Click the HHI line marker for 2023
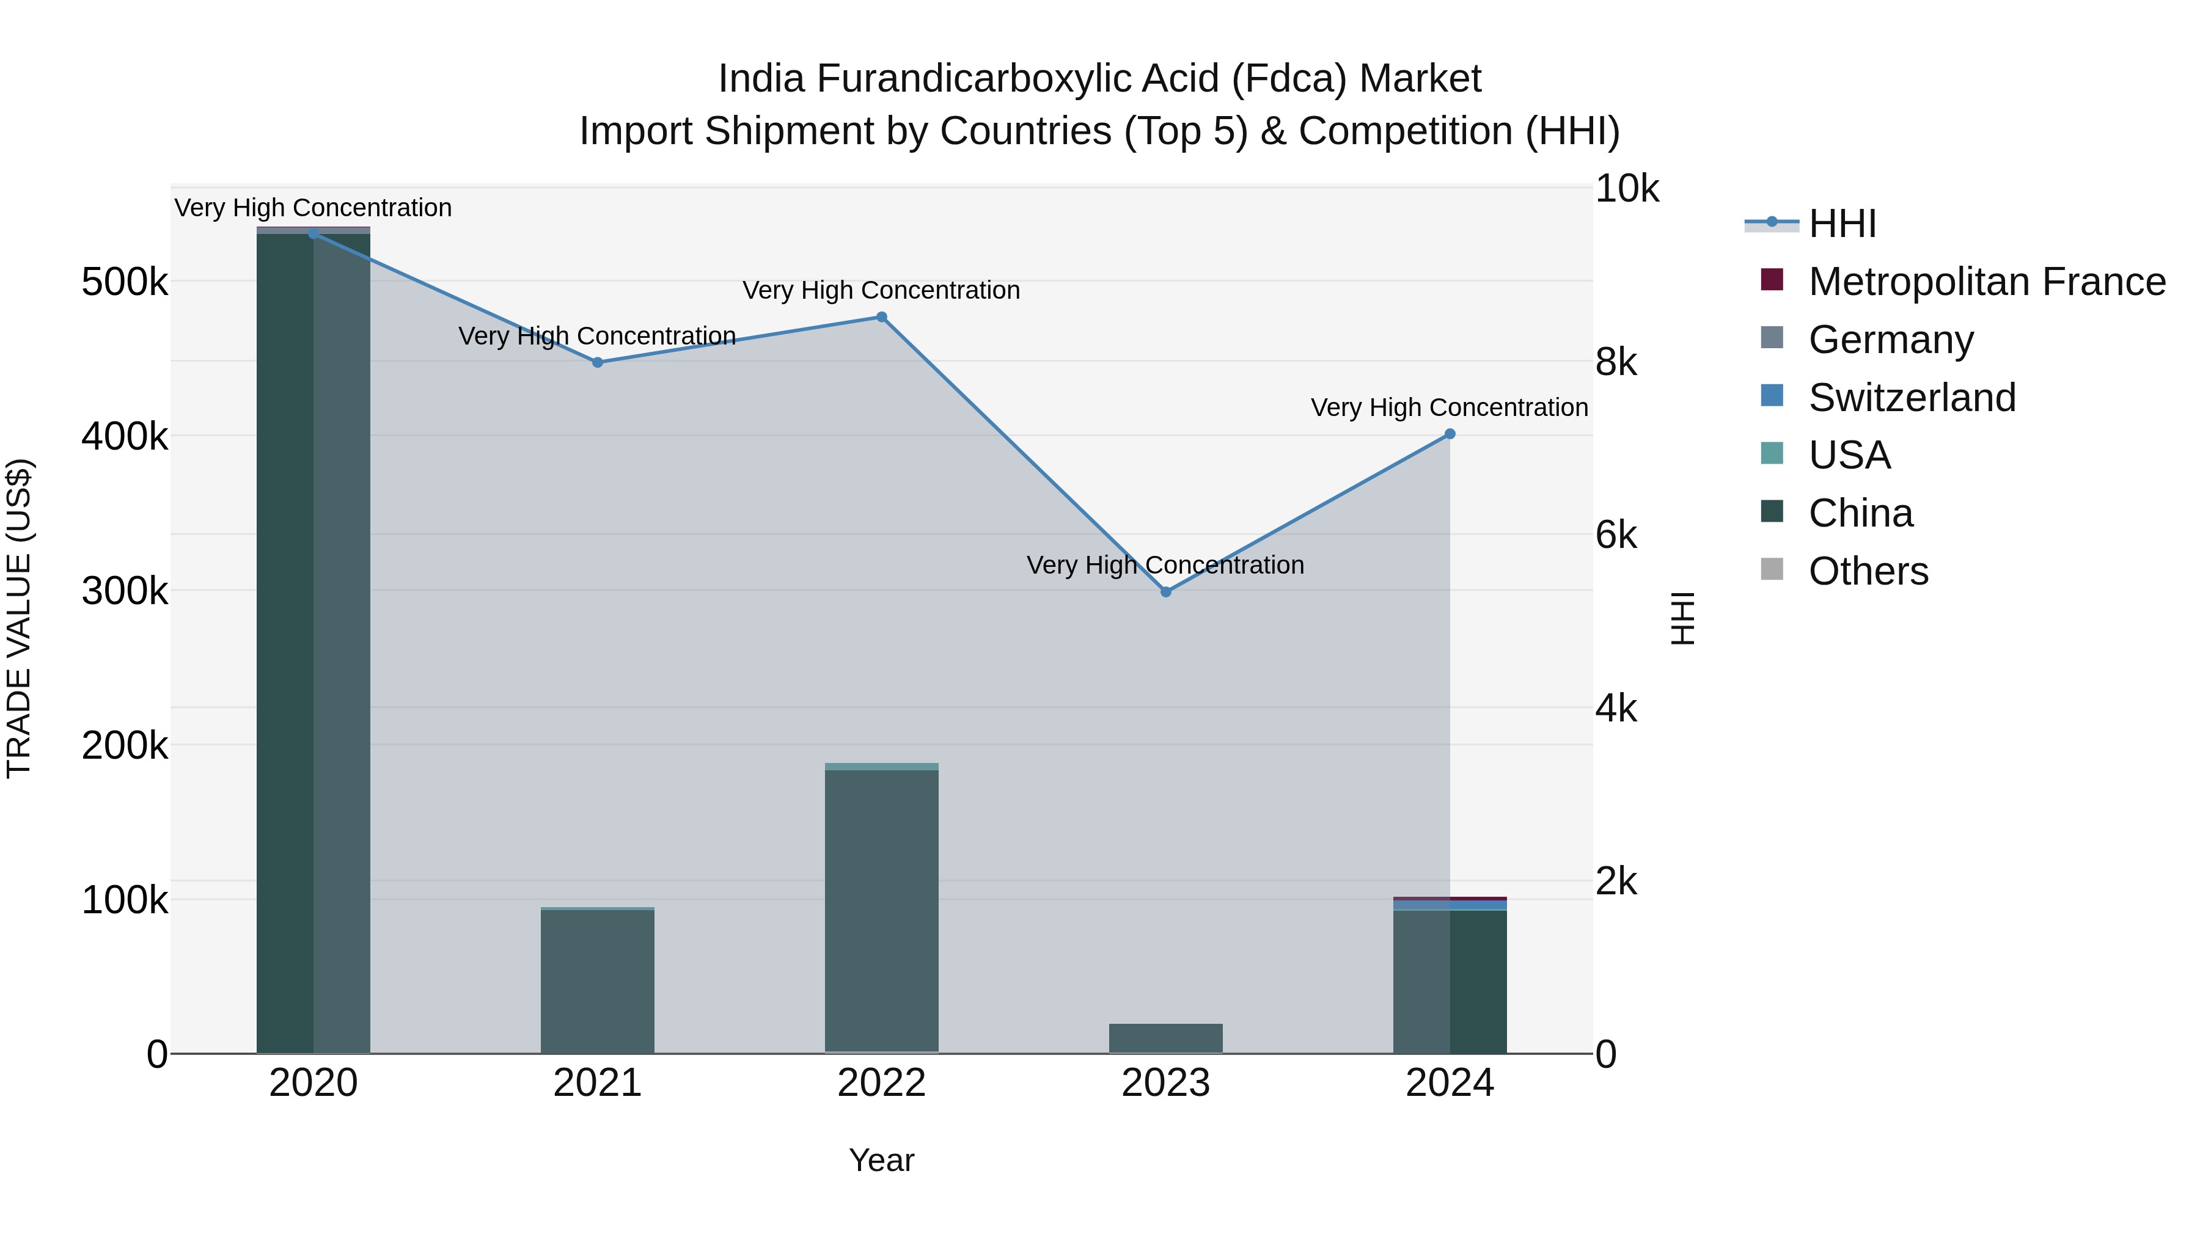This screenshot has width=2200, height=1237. (x=1166, y=591)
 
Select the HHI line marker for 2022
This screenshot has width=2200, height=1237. (x=881, y=318)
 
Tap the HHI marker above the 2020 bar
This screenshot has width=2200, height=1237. (x=313, y=234)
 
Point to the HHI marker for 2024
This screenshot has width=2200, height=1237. (x=1450, y=434)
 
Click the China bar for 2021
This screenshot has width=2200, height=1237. (x=597, y=982)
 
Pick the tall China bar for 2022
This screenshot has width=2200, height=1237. (x=881, y=909)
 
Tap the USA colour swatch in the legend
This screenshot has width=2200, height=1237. (x=1772, y=454)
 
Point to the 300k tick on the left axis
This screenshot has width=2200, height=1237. (x=125, y=591)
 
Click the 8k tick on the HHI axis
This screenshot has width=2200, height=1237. (x=1616, y=363)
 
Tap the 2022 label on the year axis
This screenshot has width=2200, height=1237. (x=881, y=1083)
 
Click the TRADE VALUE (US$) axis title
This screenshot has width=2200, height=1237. (x=19, y=618)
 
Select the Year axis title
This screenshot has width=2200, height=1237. (x=881, y=1160)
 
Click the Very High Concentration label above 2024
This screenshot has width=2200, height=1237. (x=1450, y=408)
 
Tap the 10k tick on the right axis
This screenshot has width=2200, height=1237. (x=1627, y=189)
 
